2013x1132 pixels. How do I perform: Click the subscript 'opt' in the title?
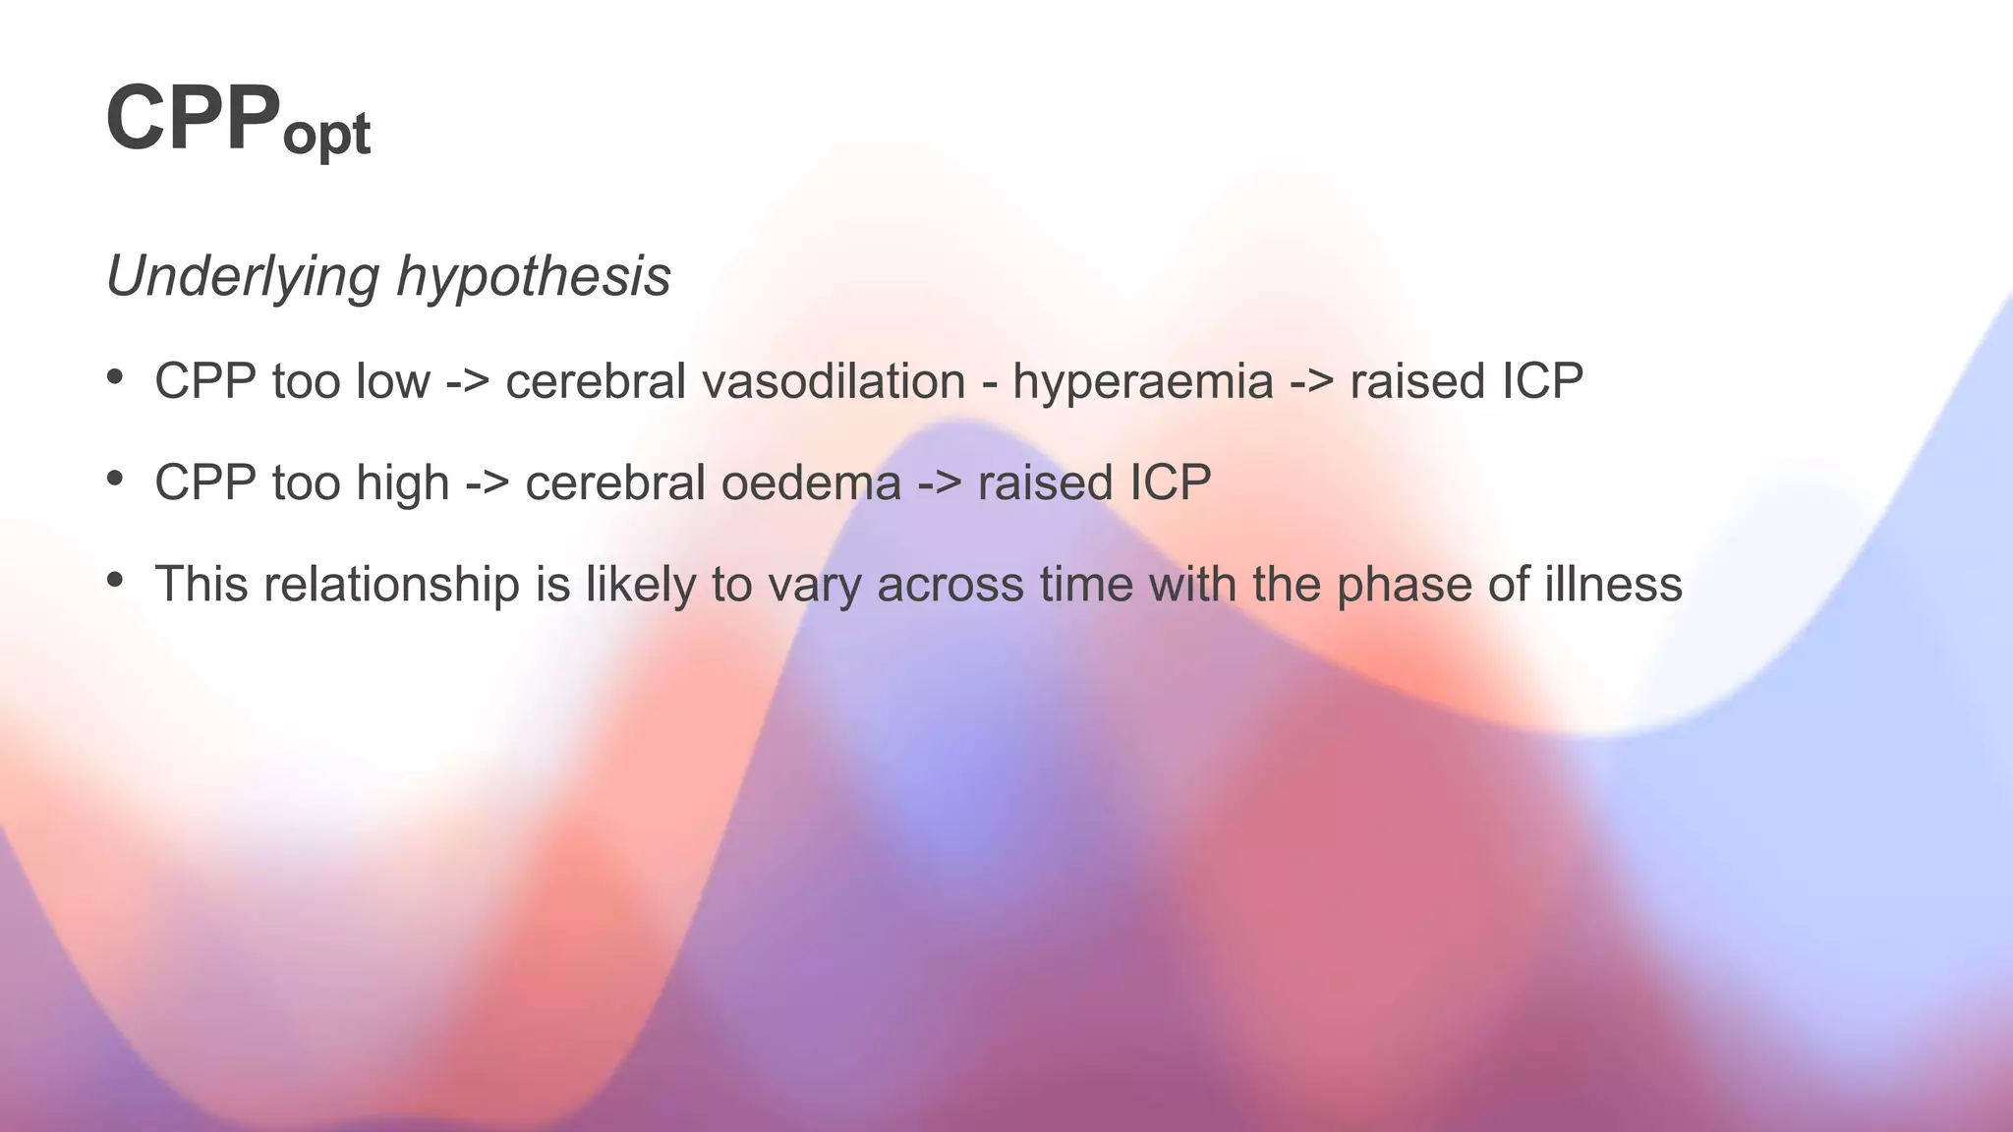326,134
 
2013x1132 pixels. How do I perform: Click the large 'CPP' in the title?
193,118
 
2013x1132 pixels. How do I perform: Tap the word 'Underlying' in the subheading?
242,276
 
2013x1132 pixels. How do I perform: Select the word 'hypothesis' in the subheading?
534,276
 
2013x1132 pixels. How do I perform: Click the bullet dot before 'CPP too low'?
115,377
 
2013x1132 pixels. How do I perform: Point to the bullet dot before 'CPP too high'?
115,479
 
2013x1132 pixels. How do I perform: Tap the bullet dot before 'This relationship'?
115,580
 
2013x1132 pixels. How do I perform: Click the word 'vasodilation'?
834,380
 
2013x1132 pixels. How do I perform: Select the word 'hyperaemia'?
1143,382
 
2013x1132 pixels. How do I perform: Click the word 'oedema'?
811,482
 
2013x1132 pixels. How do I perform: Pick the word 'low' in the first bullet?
393,380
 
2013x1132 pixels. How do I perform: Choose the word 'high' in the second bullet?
402,482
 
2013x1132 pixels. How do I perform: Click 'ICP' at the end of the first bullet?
1542,380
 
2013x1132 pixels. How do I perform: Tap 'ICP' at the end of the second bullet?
1170,482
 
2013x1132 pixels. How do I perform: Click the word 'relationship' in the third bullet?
391,584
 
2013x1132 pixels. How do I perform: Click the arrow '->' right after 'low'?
468,381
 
